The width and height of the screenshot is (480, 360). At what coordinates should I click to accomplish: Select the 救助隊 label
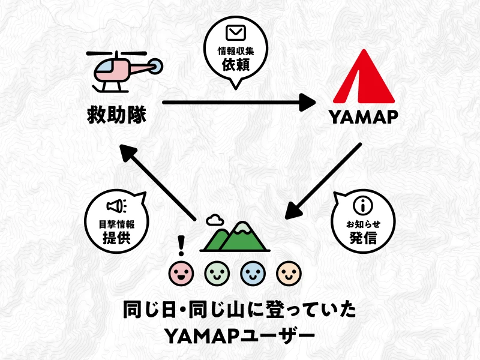115,114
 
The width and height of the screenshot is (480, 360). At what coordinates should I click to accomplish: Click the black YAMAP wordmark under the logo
364,117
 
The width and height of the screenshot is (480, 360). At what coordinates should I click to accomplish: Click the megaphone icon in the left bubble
116,206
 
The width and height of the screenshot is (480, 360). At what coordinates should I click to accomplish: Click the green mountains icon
235,236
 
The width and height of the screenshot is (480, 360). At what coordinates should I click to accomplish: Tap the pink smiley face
181,274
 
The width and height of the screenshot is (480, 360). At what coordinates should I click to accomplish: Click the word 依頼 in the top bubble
235,65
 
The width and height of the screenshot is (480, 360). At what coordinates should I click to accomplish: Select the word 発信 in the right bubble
362,238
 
